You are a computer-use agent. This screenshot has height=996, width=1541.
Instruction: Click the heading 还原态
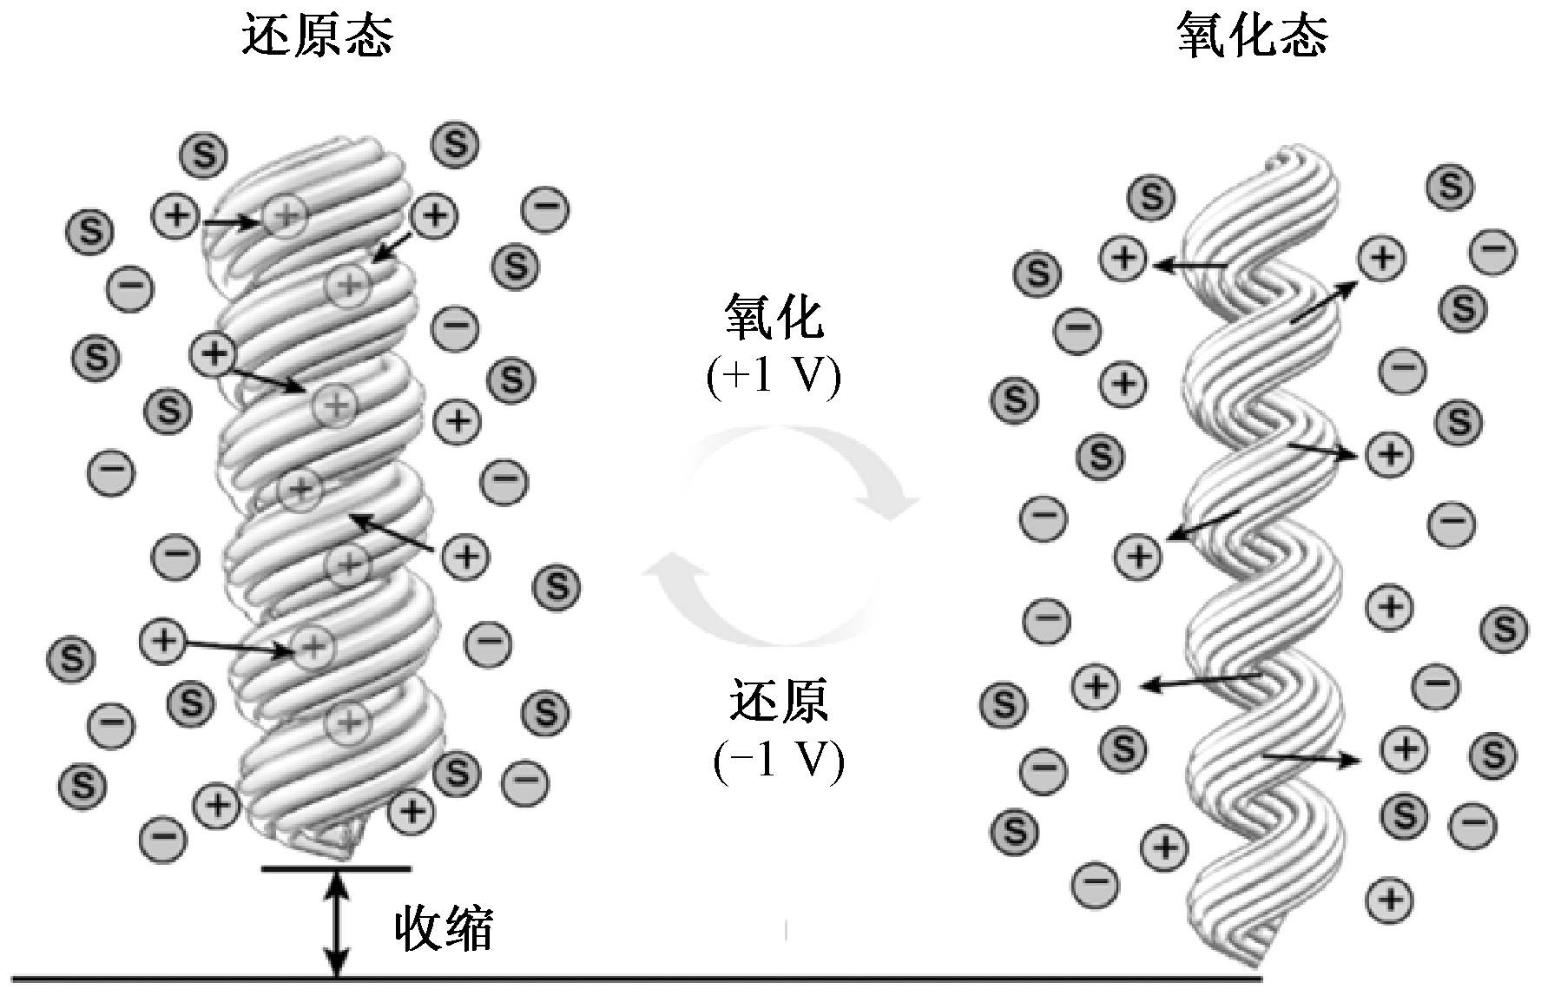click(x=316, y=37)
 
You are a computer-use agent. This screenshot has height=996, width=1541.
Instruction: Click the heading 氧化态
click(x=1252, y=37)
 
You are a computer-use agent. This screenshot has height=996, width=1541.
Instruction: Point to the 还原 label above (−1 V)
click(x=778, y=702)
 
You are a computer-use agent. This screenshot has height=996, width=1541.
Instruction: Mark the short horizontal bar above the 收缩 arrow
click(x=335, y=867)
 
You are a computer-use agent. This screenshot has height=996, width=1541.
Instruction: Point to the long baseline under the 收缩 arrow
click(x=608, y=980)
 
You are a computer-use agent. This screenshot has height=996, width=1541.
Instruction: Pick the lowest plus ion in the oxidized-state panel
click(x=1390, y=898)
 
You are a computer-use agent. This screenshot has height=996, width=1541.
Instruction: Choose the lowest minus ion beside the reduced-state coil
click(x=162, y=838)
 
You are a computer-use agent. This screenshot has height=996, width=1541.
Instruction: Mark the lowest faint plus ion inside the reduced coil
click(x=348, y=720)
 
